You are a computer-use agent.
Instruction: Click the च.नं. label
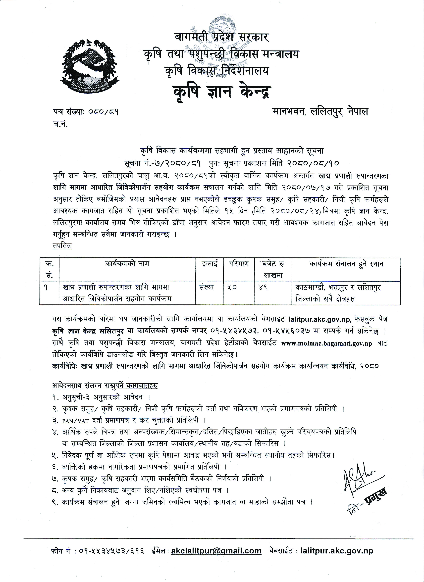click(61, 125)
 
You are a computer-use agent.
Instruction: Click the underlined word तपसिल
click(62, 246)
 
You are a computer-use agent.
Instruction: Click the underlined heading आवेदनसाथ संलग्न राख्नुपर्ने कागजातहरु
click(105, 386)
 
